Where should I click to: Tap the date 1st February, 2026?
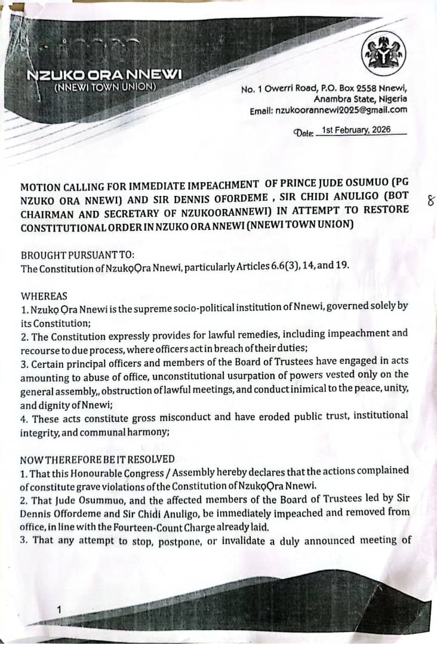point(356,130)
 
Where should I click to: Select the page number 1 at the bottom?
point(59,609)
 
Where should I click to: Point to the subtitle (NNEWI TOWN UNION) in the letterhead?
point(105,87)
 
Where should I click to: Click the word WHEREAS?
point(44,296)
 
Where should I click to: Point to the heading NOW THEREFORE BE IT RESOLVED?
point(97,459)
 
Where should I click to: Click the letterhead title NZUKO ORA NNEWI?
point(104,75)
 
